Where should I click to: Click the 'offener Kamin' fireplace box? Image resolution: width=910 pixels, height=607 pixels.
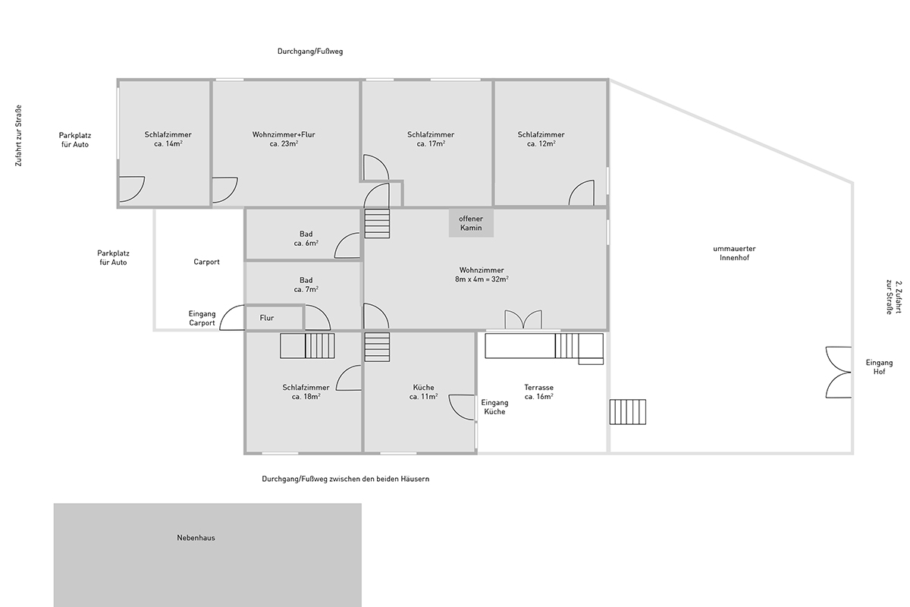click(x=471, y=223)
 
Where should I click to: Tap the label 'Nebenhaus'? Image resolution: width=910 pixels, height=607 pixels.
click(x=196, y=537)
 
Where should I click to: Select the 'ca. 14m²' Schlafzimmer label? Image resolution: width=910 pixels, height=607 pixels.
click(x=168, y=144)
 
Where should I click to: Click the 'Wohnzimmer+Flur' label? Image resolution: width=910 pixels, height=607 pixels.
click(x=284, y=134)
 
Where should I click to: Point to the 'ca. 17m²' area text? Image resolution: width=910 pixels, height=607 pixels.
click(x=431, y=144)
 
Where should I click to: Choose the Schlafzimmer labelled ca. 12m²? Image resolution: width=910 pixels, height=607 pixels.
click(x=541, y=139)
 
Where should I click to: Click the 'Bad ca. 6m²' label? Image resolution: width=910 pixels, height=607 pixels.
click(x=306, y=239)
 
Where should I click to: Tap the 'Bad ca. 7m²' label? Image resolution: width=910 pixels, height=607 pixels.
click(x=306, y=285)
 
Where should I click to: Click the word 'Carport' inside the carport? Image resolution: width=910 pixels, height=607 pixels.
click(x=206, y=262)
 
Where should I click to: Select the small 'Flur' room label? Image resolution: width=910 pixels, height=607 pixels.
click(x=266, y=318)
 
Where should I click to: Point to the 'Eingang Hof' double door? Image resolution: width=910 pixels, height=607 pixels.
click(x=838, y=372)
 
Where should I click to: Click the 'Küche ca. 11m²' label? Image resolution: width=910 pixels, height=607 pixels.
click(x=423, y=392)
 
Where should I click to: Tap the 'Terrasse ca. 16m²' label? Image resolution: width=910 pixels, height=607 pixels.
click(x=538, y=392)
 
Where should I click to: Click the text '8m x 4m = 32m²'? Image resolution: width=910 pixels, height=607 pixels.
click(x=482, y=280)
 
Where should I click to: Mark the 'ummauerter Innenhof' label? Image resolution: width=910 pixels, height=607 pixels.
click(x=734, y=253)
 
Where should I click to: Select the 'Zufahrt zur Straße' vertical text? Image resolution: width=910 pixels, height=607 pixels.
click(x=18, y=135)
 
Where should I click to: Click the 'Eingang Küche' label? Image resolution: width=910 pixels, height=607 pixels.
click(x=494, y=407)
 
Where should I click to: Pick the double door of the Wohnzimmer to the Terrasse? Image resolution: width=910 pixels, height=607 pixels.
click(x=523, y=319)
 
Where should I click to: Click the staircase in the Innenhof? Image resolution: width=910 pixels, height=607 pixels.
click(x=628, y=412)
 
